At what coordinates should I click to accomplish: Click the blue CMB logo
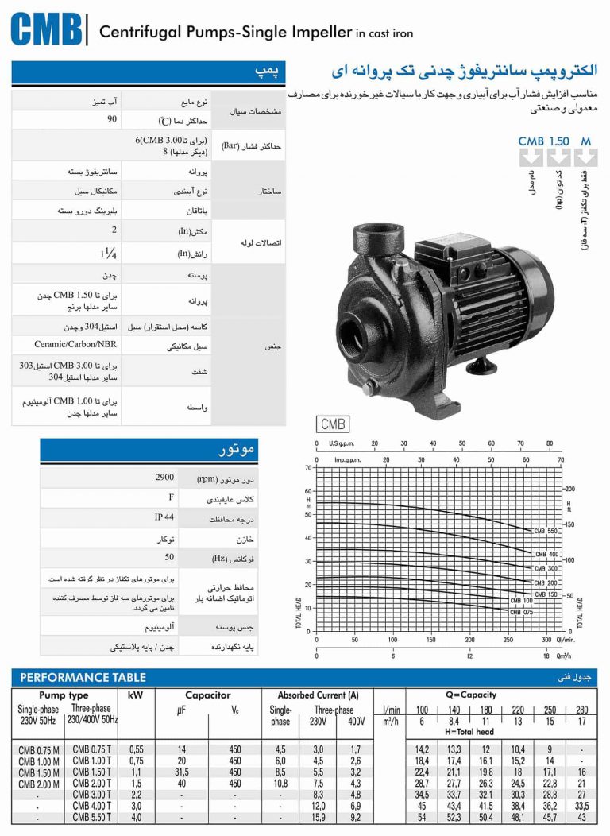46,29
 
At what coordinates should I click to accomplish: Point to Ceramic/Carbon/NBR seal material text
71,346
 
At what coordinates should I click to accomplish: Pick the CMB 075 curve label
521,612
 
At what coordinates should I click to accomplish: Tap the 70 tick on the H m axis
309,468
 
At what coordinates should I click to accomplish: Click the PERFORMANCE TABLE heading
83,677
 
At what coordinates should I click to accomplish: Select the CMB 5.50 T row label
92,818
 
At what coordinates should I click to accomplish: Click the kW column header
135,695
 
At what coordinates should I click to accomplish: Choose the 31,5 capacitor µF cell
182,772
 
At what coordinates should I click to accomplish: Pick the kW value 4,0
137,818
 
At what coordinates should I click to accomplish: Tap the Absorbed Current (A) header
318,695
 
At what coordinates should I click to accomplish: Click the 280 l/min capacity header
582,710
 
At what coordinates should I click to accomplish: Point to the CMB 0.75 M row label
39,749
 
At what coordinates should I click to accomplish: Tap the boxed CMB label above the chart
333,424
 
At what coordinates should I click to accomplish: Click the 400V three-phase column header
355,722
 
